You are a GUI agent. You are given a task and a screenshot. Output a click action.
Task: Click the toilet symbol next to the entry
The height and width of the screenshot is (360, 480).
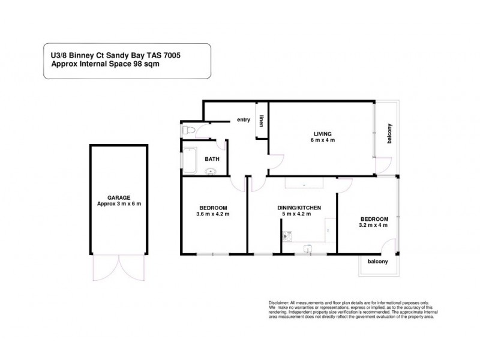[x=188, y=129]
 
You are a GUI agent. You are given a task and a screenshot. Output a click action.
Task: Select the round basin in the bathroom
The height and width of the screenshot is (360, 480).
[x=211, y=172]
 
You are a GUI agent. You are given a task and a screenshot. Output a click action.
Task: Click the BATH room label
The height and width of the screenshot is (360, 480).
[x=212, y=159]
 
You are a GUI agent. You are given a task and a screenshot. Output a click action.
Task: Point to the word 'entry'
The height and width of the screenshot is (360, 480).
[x=243, y=119]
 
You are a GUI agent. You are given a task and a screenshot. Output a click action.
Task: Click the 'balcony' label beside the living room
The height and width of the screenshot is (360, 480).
[x=389, y=133]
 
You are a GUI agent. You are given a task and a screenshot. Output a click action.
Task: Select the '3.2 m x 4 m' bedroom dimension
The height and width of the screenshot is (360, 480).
[x=374, y=226]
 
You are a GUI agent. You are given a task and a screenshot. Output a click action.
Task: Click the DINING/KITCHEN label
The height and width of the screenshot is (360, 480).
[x=299, y=208]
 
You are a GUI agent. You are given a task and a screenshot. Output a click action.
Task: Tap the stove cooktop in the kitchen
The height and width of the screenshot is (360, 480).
[x=286, y=236]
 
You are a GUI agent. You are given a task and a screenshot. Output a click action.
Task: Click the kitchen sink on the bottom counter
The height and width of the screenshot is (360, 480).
[x=308, y=246]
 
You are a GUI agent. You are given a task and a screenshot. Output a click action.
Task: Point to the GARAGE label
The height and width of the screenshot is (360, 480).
[x=119, y=196]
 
